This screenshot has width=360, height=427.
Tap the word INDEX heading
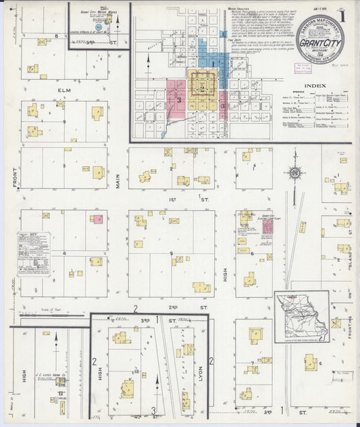click(x=315, y=86)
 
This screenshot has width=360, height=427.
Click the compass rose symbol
click(x=294, y=172)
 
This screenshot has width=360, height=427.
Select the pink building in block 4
click(x=98, y=219)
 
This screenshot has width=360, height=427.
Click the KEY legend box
click(x=34, y=254)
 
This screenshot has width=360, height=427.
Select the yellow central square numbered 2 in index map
click(x=202, y=86)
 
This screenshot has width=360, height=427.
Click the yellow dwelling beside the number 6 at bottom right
click(x=310, y=362)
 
